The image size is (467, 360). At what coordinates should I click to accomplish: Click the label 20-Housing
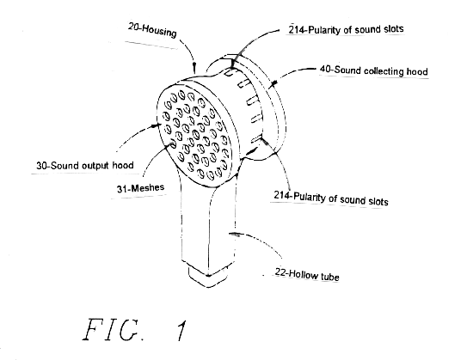click(x=152, y=30)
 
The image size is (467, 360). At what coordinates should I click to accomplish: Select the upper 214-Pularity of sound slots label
click(x=346, y=29)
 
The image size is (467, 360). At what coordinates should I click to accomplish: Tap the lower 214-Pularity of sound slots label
click(x=331, y=198)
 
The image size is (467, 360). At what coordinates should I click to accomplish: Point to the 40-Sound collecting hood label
click(x=374, y=70)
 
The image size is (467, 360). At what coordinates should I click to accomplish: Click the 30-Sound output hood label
click(x=85, y=166)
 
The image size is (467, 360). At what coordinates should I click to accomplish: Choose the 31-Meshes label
click(x=140, y=188)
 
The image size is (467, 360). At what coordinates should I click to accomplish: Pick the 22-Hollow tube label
click(x=307, y=274)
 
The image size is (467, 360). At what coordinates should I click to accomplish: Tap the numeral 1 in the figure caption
click(x=181, y=330)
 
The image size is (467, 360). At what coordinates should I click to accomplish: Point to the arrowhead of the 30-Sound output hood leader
click(x=154, y=125)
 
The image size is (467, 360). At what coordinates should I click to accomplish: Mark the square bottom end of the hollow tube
click(x=208, y=276)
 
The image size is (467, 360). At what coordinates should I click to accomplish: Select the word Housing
click(x=159, y=31)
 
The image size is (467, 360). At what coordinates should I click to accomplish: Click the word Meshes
click(x=147, y=187)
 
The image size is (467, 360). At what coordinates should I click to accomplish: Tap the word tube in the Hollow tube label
click(x=329, y=277)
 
